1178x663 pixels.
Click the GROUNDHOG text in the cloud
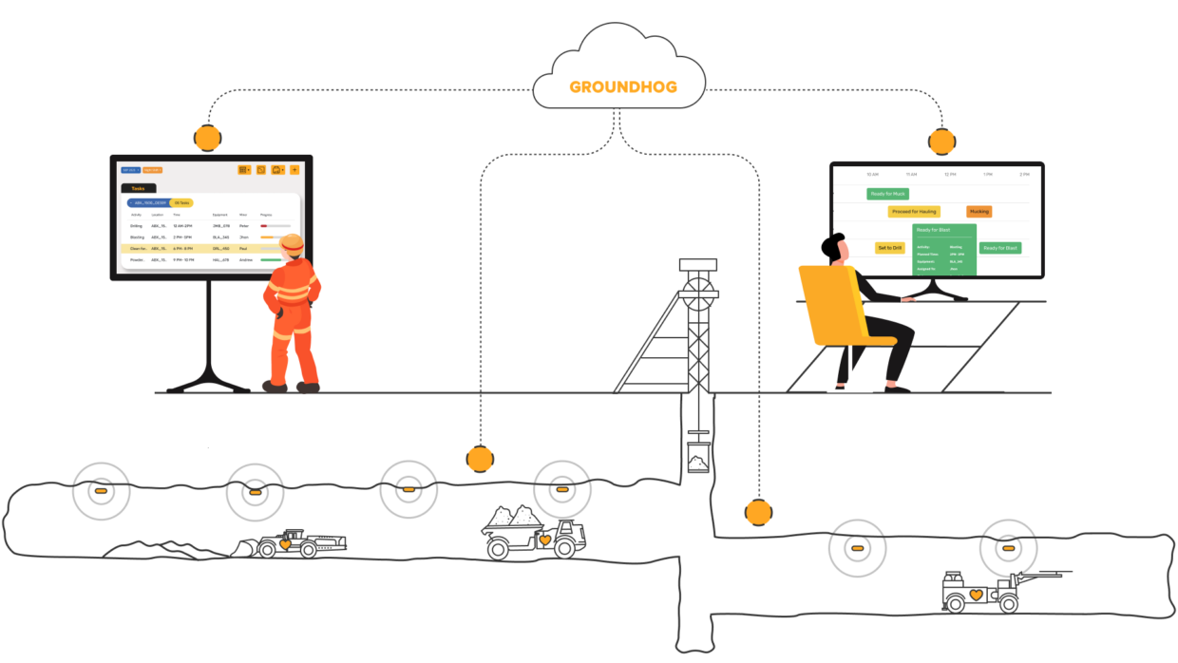623,87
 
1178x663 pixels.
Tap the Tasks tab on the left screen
139,188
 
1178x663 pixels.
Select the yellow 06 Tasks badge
180,203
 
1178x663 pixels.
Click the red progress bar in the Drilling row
264,226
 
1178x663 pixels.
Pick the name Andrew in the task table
246,259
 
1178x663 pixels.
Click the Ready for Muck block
888,194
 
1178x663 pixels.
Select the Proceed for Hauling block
914,212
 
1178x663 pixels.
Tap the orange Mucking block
978,212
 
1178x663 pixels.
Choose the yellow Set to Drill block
889,248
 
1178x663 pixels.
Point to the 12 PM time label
949,175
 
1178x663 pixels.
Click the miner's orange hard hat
292,242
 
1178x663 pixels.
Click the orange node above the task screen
207,138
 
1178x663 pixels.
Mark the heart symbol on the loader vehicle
284,545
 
